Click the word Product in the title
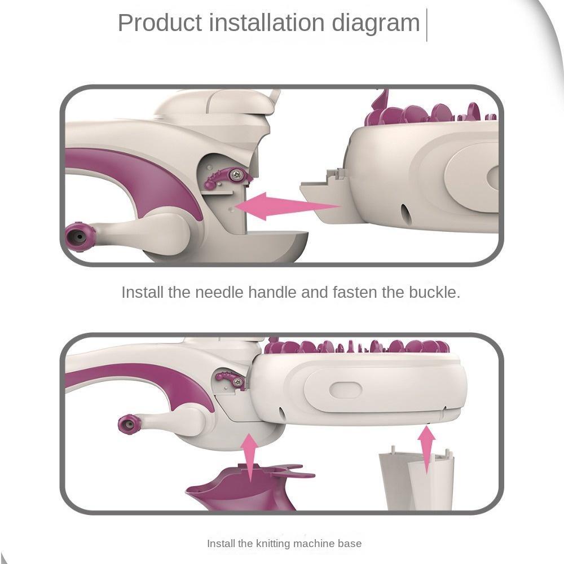coord(160,23)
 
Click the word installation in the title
coord(267,23)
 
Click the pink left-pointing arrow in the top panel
coord(287,206)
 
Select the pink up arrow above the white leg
coord(426,450)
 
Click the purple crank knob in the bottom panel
coord(129,424)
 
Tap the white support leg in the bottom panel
coord(417,478)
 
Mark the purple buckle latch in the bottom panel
coord(231,379)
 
